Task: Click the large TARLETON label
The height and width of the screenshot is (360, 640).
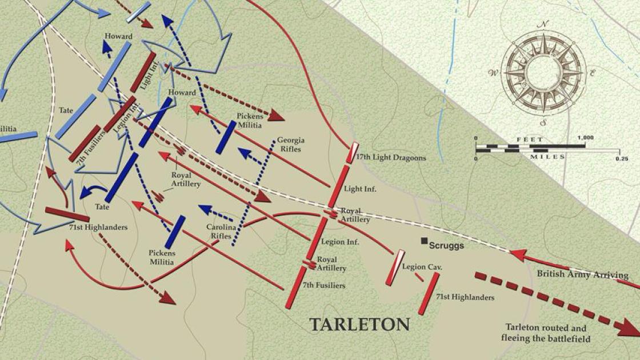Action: tap(359, 325)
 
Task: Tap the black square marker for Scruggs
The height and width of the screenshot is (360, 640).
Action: tap(424, 242)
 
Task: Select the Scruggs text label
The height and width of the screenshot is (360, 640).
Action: tap(446, 246)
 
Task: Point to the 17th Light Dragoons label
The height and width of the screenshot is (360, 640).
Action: tap(390, 158)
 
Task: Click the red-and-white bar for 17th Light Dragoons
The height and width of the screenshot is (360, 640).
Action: tap(353, 153)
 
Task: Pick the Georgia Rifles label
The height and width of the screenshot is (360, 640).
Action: tap(291, 144)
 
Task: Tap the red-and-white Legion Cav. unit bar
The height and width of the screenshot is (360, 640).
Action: tap(395, 267)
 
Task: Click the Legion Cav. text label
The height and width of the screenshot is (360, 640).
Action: tap(423, 267)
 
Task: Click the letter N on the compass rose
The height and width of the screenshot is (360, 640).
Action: tap(544, 23)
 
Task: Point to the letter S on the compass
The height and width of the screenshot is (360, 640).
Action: tap(544, 122)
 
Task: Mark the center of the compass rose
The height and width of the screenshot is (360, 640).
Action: tap(543, 73)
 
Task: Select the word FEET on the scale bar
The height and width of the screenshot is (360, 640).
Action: tap(526, 138)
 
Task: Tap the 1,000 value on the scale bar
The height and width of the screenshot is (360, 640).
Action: tap(585, 138)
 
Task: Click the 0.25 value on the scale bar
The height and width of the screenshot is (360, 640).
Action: tap(621, 158)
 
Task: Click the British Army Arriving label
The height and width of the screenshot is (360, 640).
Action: tap(582, 274)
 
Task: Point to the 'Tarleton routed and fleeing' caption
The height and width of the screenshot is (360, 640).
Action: tap(546, 333)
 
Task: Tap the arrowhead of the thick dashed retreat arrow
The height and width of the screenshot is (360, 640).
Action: tap(629, 327)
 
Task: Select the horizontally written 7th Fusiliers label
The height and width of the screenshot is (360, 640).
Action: tap(324, 285)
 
